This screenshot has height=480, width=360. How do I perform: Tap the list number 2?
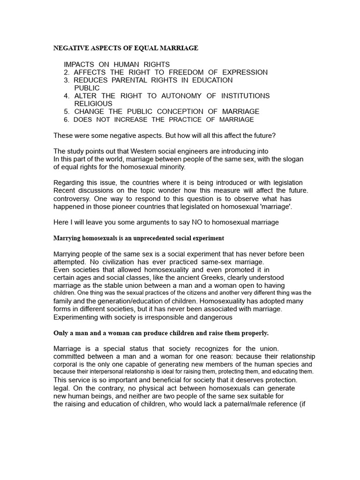[66, 72]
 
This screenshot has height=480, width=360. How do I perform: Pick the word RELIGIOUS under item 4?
[93, 104]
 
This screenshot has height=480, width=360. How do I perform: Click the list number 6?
[66, 120]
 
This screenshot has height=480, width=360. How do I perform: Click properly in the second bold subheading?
[255, 333]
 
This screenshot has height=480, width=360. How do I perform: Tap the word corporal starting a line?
[67, 364]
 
